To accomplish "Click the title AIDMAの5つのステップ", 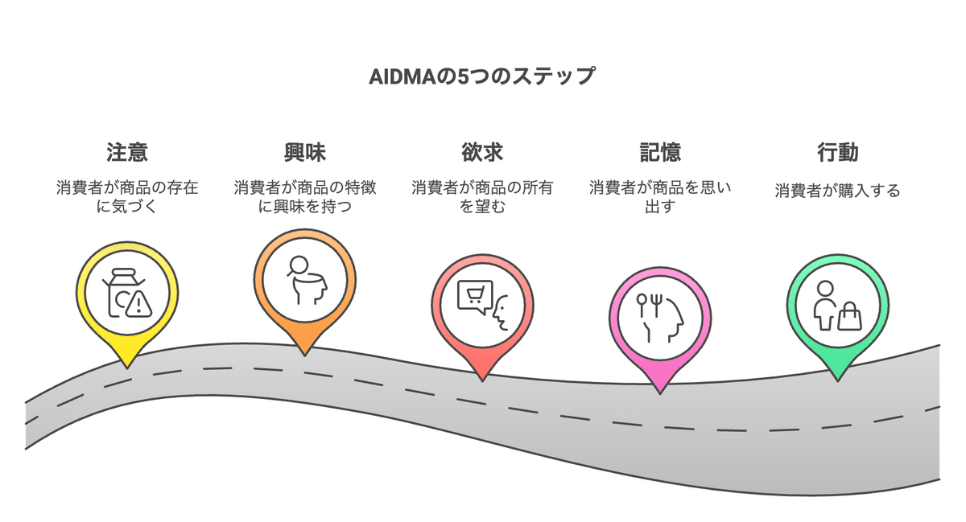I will (x=482, y=77).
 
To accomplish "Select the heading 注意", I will (x=127, y=152).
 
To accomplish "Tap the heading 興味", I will (x=305, y=152).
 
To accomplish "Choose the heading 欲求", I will (x=482, y=152).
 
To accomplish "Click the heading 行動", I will (x=837, y=152).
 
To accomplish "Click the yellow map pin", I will (x=127, y=294).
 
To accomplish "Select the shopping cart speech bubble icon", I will (x=473, y=295).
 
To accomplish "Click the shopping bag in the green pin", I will (x=849, y=319).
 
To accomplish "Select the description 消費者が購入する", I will (x=837, y=191).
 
